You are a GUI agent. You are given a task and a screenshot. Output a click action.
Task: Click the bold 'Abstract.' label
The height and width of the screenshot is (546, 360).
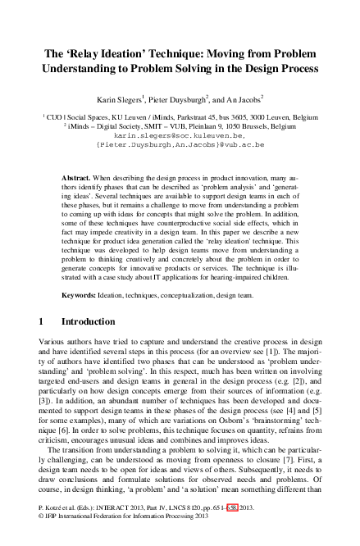coord(79,178)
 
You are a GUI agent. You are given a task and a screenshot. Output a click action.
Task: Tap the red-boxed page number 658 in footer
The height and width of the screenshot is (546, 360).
coord(234,530)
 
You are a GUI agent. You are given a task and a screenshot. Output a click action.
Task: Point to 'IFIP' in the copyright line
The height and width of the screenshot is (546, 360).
coord(55,539)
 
